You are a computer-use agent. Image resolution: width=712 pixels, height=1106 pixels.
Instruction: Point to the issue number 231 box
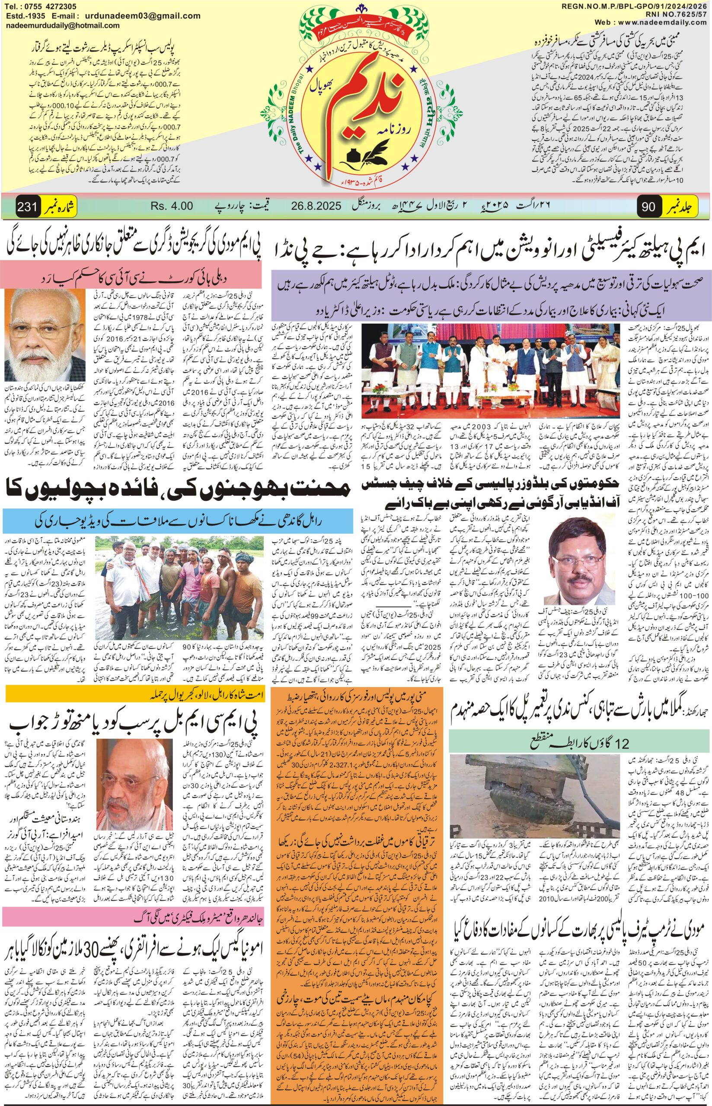pyautogui.click(x=28, y=206)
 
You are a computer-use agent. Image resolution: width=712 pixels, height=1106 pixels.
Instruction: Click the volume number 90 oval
pyautogui.click(x=648, y=207)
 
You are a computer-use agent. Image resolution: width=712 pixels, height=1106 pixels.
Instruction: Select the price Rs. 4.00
pyautogui.click(x=172, y=206)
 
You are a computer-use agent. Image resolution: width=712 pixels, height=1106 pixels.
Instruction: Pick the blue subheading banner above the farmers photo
pyautogui.click(x=180, y=468)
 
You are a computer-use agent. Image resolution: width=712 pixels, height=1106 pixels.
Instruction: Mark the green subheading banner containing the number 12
pyautogui.click(x=581, y=731)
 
